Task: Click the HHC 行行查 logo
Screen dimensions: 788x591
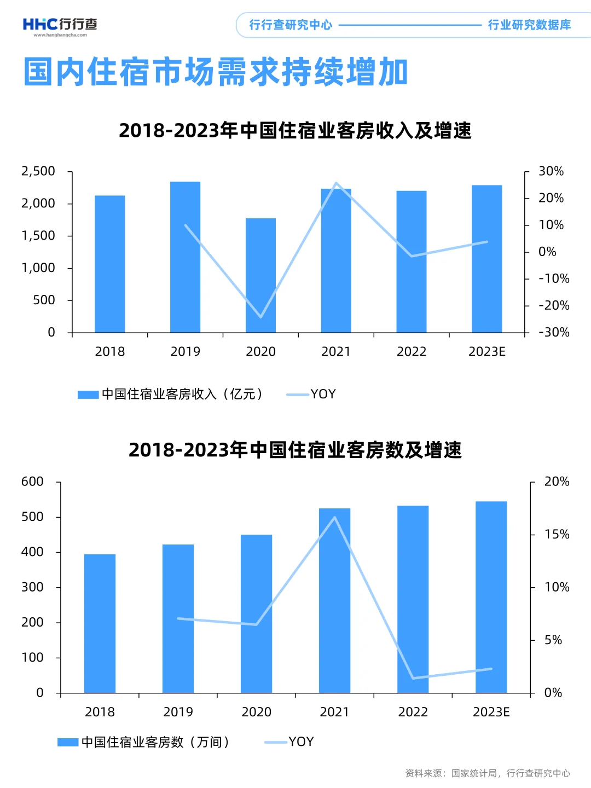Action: pyautogui.click(x=60, y=25)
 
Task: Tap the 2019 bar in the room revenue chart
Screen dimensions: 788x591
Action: pyautogui.click(x=185, y=257)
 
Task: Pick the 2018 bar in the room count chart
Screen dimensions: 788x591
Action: pyautogui.click(x=100, y=623)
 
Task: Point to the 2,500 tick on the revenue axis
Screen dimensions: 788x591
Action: pyautogui.click(x=38, y=171)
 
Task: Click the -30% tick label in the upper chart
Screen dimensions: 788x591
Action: pyautogui.click(x=554, y=332)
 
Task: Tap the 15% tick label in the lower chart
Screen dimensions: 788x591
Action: pyautogui.click(x=557, y=534)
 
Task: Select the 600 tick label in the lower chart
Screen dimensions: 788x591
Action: pyautogui.click(x=32, y=482)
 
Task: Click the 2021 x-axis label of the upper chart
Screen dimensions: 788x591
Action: pyautogui.click(x=335, y=351)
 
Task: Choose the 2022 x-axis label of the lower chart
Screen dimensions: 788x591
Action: pyautogui.click(x=413, y=711)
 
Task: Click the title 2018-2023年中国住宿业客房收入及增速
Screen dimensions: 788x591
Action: pyautogui.click(x=295, y=130)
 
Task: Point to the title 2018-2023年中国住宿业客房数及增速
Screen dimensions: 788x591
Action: pyautogui.click(x=295, y=450)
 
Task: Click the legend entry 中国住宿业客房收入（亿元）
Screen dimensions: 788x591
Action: pyautogui.click(x=171, y=394)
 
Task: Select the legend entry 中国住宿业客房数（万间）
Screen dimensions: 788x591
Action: pyautogui.click(x=144, y=742)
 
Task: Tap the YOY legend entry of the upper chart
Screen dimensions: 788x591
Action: pyautogui.click(x=312, y=394)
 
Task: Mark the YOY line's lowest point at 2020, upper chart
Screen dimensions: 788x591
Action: pyautogui.click(x=260, y=317)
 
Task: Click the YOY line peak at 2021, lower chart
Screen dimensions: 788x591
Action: pyautogui.click(x=334, y=517)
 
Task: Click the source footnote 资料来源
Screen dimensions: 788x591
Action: pyautogui.click(x=487, y=773)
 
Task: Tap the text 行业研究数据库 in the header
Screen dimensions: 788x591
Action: pyautogui.click(x=529, y=25)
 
